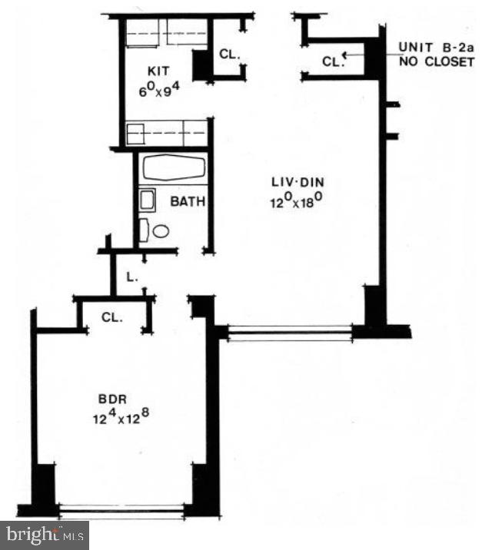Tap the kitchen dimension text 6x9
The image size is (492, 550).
click(160, 91)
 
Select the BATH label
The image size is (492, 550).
click(187, 203)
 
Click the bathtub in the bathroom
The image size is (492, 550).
click(174, 168)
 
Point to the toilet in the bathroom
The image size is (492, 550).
click(158, 230)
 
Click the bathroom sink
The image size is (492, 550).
click(148, 200)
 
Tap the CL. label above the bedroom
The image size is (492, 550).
click(112, 316)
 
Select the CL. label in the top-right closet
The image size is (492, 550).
click(331, 61)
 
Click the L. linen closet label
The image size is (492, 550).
click(132, 277)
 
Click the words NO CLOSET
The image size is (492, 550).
click(436, 61)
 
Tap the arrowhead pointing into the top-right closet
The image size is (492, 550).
click(346, 54)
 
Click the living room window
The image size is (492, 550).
click(291, 332)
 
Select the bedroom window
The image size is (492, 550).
click(121, 509)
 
